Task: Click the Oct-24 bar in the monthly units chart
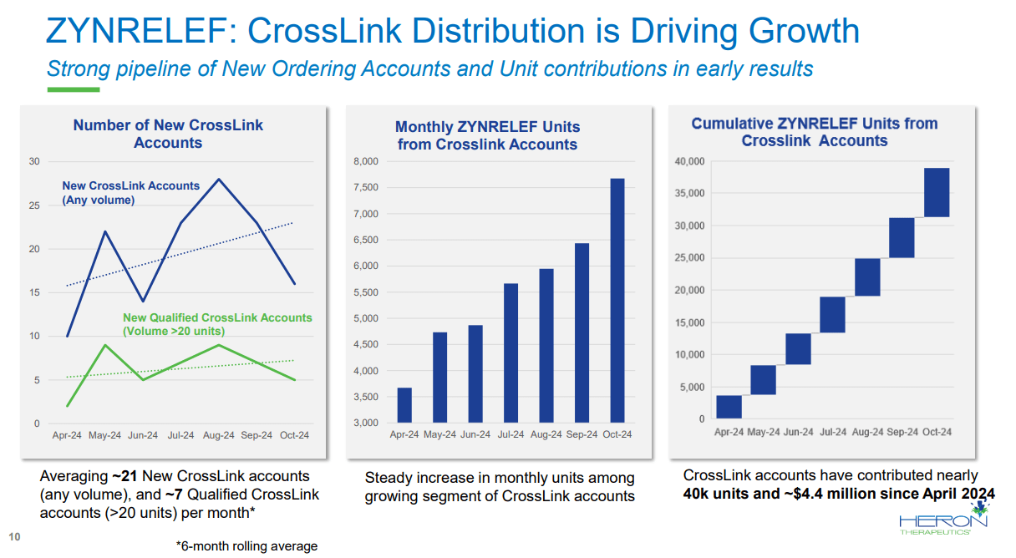[x=617, y=300]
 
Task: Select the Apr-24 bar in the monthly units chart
[x=404, y=405]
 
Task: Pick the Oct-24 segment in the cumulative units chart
[x=937, y=192]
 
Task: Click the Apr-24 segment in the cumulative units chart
[x=729, y=407]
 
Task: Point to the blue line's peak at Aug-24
[x=219, y=179]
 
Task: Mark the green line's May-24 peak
[x=104, y=345]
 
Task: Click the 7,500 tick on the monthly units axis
[x=366, y=188]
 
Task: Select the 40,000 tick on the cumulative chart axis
[x=688, y=161]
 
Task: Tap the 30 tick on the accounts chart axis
[x=34, y=161]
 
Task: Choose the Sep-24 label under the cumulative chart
[x=902, y=432]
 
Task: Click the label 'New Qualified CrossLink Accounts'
[x=217, y=317]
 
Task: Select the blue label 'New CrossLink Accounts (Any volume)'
[x=130, y=192]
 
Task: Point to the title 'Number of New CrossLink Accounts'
[x=168, y=134]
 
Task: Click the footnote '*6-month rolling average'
[x=246, y=546]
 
